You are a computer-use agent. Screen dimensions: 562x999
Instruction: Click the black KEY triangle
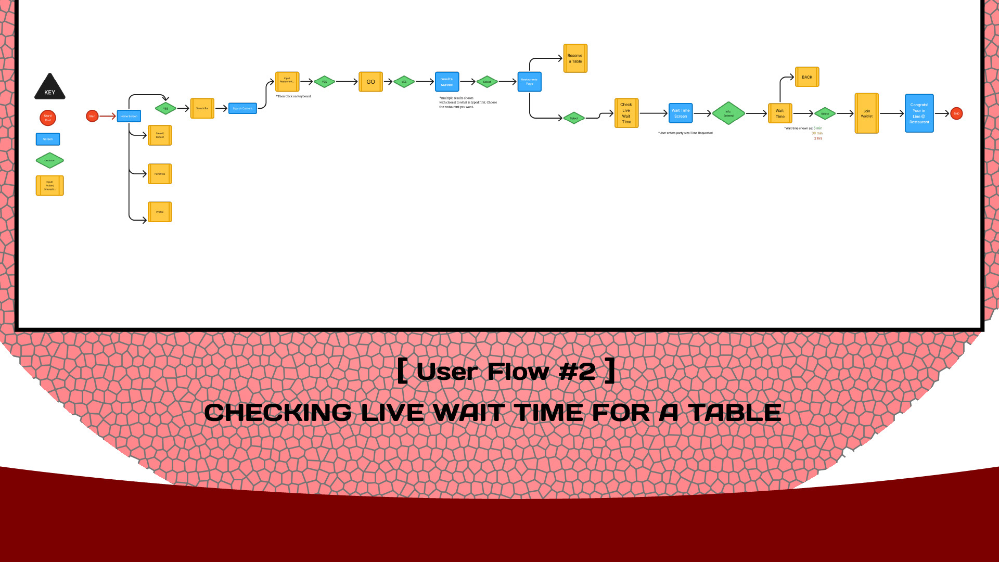50,87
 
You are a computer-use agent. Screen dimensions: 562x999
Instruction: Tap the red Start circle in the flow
92,116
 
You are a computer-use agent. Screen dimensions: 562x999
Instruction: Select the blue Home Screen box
129,116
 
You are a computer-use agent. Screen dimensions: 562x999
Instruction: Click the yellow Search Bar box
202,108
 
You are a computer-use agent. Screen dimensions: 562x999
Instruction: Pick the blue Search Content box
242,108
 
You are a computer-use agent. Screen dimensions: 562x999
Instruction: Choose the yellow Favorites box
160,174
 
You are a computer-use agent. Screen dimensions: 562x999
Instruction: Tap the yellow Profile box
160,212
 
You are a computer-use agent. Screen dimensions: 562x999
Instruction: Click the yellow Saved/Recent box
160,135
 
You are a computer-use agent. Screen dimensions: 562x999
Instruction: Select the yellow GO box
370,82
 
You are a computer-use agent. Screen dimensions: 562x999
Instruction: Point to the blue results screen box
447,82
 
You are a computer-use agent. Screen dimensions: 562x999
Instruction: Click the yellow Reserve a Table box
575,58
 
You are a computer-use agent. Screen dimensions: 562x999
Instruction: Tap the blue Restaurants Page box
529,82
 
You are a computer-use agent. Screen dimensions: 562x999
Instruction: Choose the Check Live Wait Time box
626,113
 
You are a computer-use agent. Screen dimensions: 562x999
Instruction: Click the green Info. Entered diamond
728,113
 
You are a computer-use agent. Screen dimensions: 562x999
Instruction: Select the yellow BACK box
807,77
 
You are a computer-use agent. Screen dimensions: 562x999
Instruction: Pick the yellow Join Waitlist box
866,113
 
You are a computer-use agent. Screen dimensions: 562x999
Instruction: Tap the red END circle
956,113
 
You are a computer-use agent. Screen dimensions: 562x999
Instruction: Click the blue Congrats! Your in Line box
919,113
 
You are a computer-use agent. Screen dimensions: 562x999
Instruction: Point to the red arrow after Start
108,116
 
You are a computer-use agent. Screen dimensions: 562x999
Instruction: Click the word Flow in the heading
518,372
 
